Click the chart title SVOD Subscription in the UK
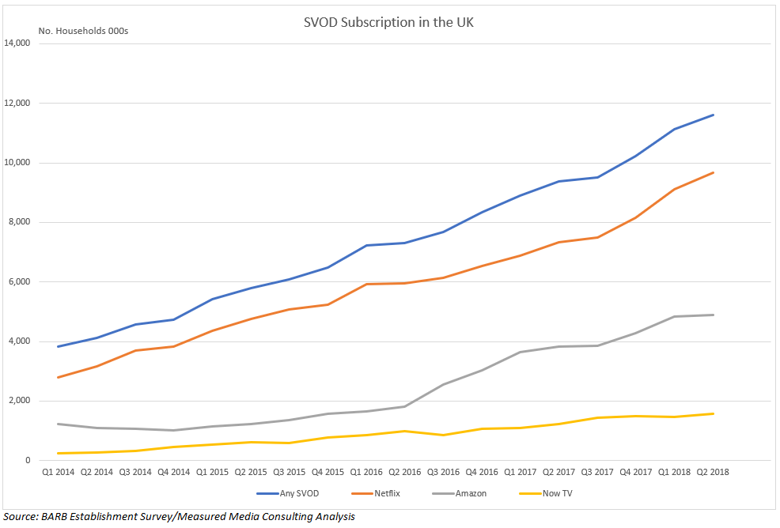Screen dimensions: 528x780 tap(388, 22)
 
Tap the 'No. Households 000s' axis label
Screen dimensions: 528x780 tap(83, 31)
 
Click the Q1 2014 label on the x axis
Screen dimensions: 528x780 tap(57, 472)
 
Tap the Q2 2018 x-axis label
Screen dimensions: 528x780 tap(713, 472)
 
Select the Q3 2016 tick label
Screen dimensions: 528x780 tap(443, 472)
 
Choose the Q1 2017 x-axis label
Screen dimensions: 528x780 tap(520, 472)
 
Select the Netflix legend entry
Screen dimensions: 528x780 tap(370, 492)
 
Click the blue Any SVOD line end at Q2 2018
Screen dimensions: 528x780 tap(713, 115)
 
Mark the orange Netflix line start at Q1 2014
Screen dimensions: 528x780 tap(57, 377)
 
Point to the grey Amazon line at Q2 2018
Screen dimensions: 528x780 tap(713, 315)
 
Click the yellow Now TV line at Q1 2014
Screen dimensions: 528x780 tap(57, 453)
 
